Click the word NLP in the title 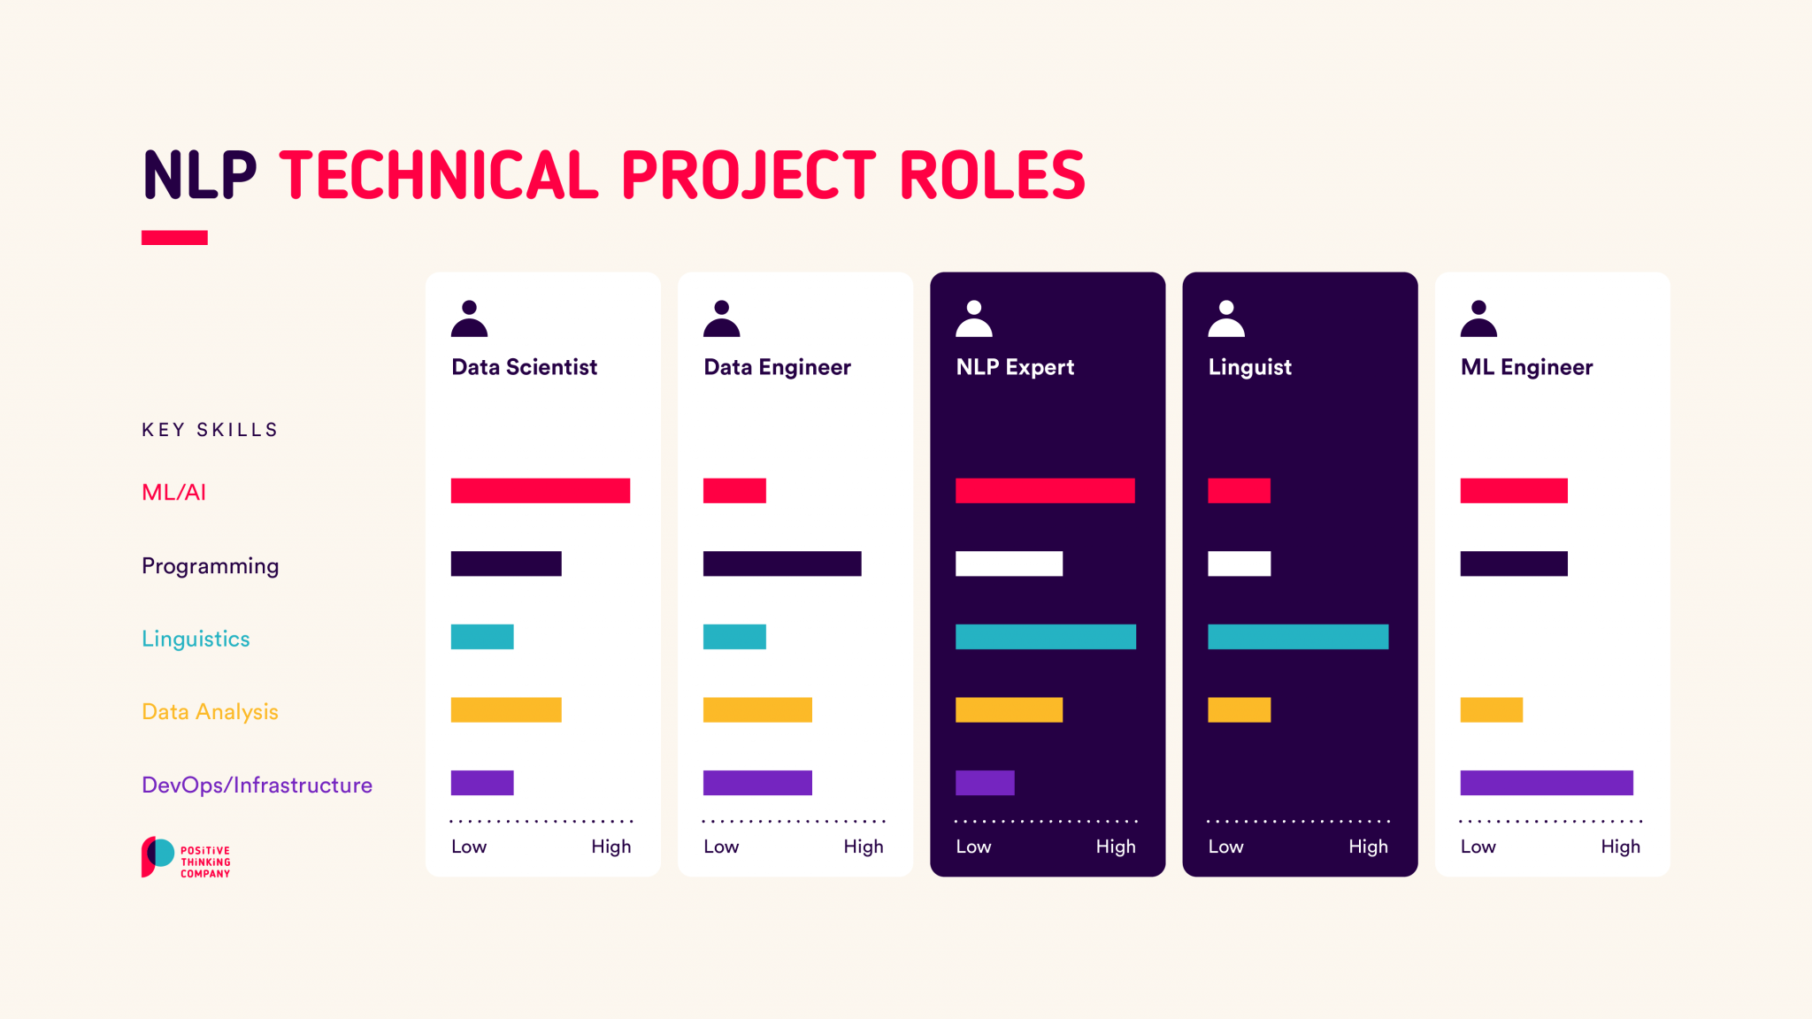click(199, 175)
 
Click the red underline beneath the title click(174, 237)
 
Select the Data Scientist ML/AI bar click(540, 491)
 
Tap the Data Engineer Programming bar click(782, 563)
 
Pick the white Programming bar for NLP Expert click(1009, 563)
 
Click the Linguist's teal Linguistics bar click(1298, 637)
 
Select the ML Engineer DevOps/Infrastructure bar click(1547, 783)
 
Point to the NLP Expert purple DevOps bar click(985, 783)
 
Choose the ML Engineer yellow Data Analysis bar click(1492, 709)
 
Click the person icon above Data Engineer click(722, 319)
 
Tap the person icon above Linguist click(1226, 319)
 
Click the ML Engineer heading click(1526, 367)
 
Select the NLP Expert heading click(1015, 367)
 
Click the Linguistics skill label click(196, 639)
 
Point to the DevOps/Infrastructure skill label click(257, 785)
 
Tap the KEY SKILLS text click(210, 430)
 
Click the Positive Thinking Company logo click(186, 857)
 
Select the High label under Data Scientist click(611, 847)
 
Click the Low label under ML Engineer click(1478, 847)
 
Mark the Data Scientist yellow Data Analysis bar click(506, 709)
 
